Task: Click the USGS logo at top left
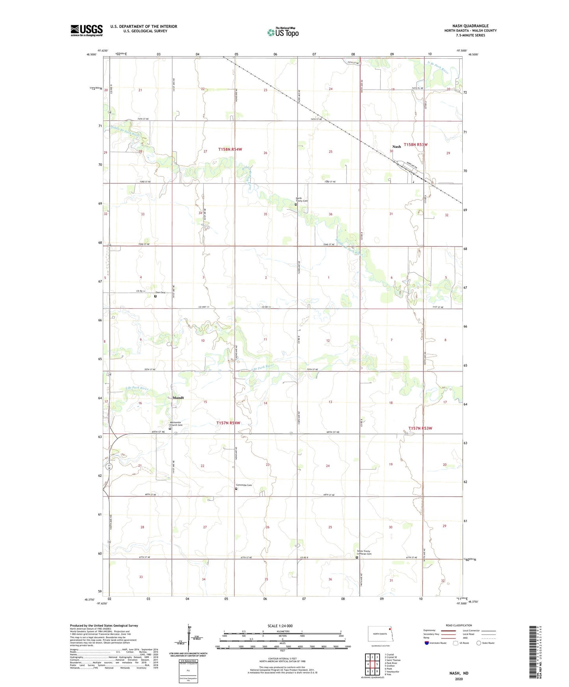[x=86, y=30]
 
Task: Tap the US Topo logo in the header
[x=283, y=32]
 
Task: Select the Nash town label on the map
[x=397, y=146]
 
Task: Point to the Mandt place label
[x=178, y=398]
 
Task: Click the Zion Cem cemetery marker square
[x=155, y=296]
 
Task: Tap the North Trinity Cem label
[x=302, y=199]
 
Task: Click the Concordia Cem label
[x=244, y=485]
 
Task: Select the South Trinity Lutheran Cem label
[x=364, y=552]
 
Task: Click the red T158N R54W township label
[x=230, y=149]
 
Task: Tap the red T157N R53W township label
[x=420, y=428]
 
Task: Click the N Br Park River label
[x=438, y=67]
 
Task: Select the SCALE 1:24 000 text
[x=280, y=626]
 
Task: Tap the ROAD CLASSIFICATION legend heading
[x=459, y=625]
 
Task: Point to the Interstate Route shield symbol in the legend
[x=427, y=643]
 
